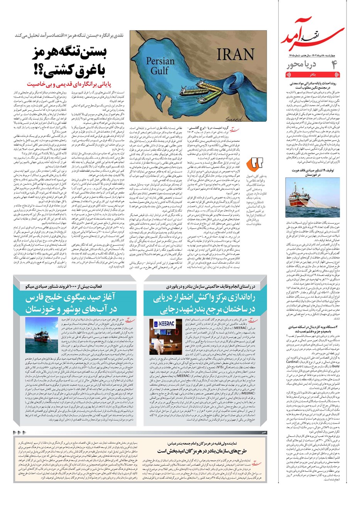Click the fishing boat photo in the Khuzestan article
point(313,199)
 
